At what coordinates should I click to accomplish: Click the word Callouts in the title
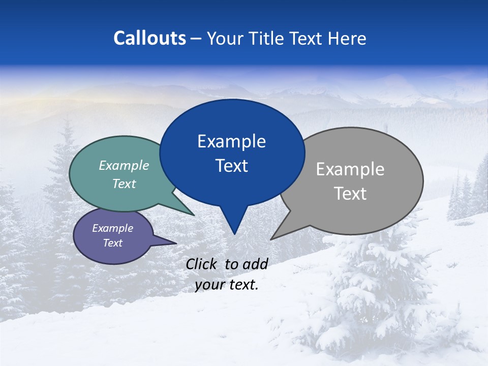(x=149, y=39)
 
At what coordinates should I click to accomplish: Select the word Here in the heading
(x=348, y=39)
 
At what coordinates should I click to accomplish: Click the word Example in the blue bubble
(x=232, y=141)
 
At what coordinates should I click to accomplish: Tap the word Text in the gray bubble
(x=350, y=194)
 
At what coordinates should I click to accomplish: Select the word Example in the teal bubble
(x=124, y=166)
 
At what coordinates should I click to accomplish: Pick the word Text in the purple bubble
(x=112, y=243)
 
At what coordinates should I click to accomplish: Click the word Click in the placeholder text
(x=203, y=264)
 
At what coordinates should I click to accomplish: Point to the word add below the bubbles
(x=255, y=264)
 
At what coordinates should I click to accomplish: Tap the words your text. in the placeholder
(x=227, y=285)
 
